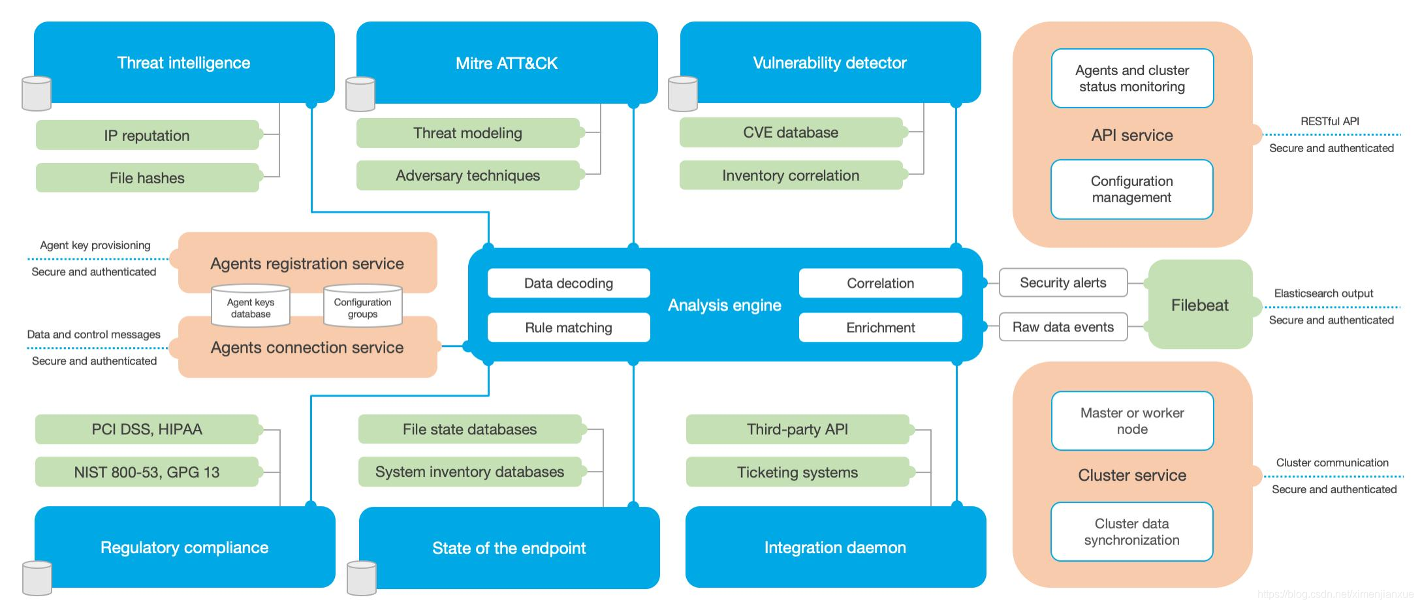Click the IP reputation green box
pyautogui.click(x=148, y=135)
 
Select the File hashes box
pyautogui.click(x=148, y=177)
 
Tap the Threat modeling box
pyautogui.click(x=468, y=133)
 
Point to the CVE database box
pyautogui.click(x=791, y=132)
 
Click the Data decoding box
pyautogui.click(x=569, y=283)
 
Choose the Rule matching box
pyautogui.click(x=569, y=327)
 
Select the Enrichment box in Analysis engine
pyautogui.click(x=881, y=327)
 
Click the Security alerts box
pyautogui.click(x=1063, y=282)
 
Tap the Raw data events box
pyautogui.click(x=1063, y=327)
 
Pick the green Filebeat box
pyautogui.click(x=1200, y=305)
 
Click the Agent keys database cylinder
pyautogui.click(x=251, y=305)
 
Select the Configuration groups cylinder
pyautogui.click(x=363, y=305)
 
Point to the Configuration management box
pyautogui.click(x=1132, y=189)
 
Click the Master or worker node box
pyautogui.click(x=1133, y=421)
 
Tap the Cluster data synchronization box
pyautogui.click(x=1132, y=532)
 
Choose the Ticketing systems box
pyautogui.click(x=798, y=472)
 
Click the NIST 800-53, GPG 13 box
pyautogui.click(x=147, y=472)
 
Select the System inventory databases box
pyautogui.click(x=470, y=472)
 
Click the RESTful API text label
pyautogui.click(x=1330, y=121)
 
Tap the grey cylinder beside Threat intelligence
pyautogui.click(x=37, y=93)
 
